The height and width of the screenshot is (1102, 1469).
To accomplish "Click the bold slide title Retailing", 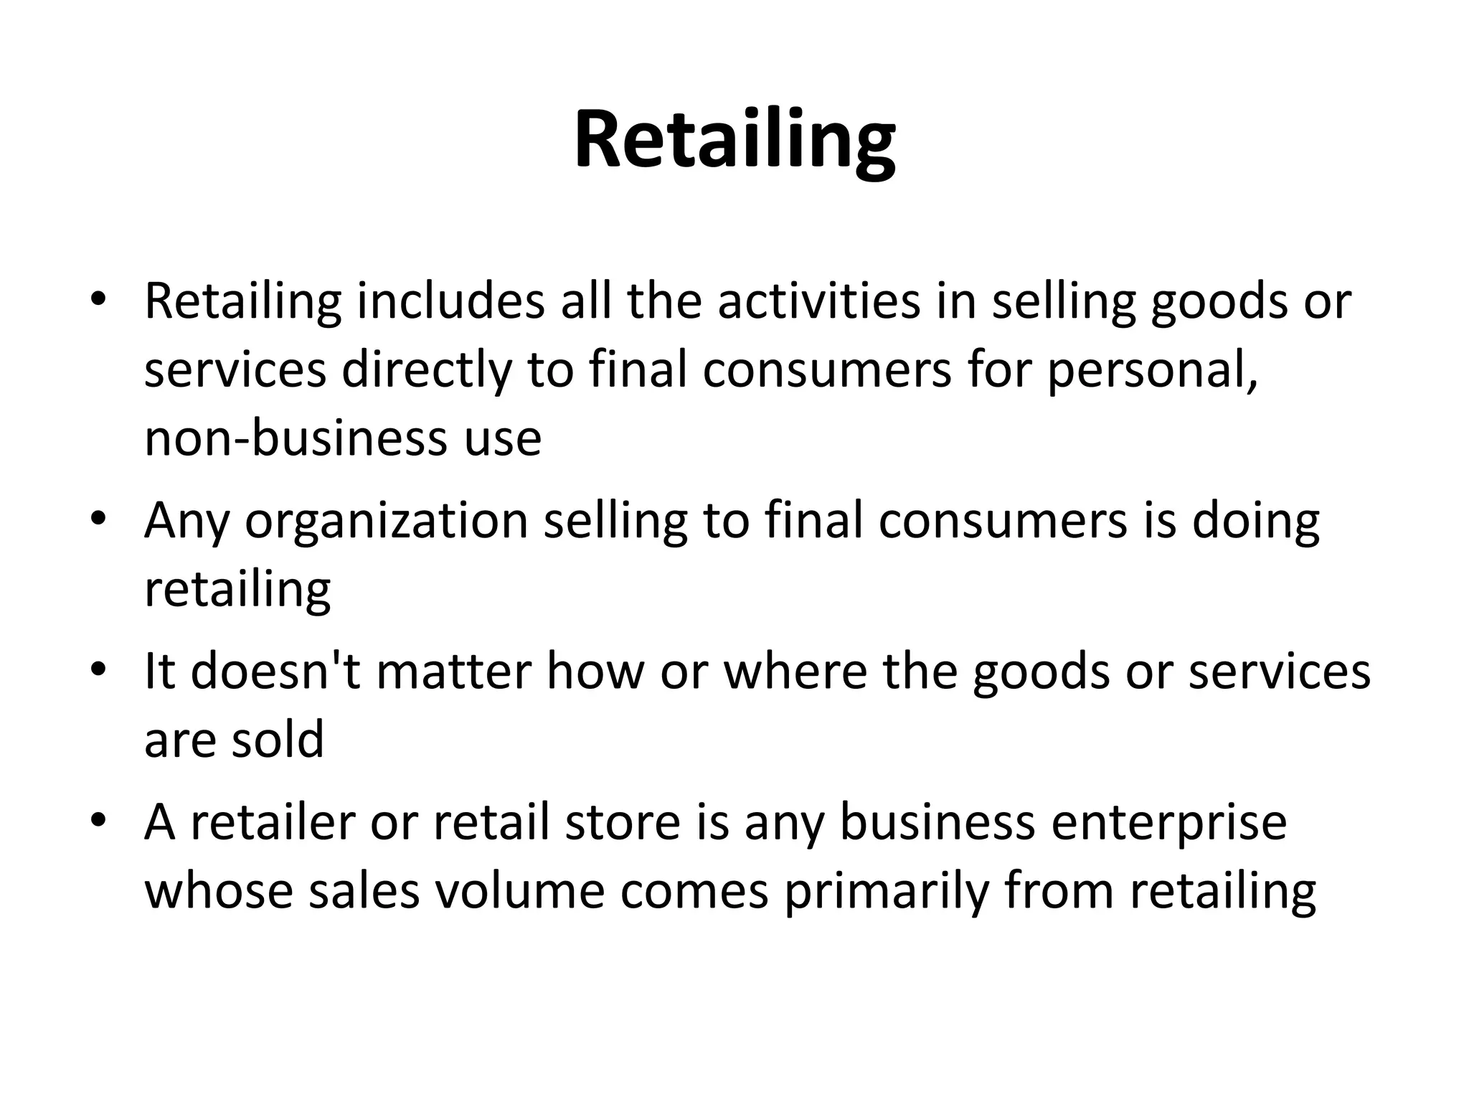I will point(734,140).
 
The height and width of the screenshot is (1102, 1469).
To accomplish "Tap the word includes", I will point(451,301).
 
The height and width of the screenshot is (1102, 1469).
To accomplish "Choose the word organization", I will point(387,521).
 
